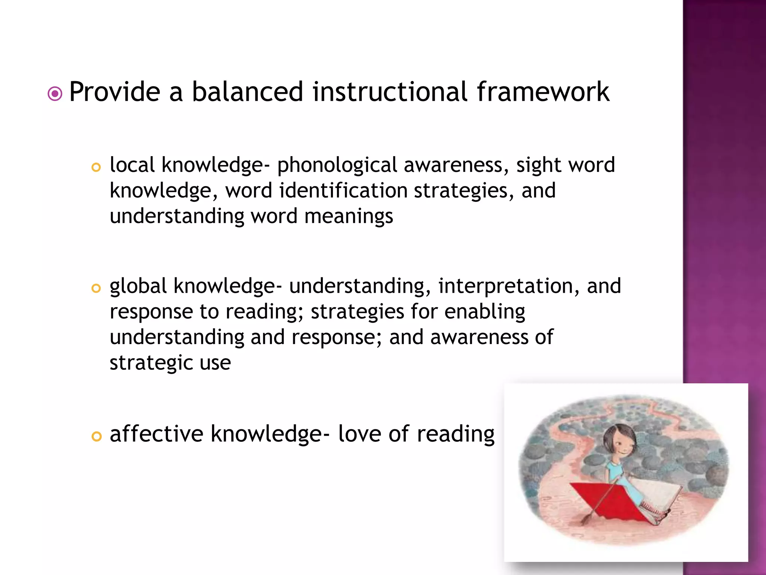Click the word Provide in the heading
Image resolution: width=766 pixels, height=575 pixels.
click(x=114, y=92)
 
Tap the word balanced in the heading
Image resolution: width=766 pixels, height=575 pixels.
click(x=247, y=92)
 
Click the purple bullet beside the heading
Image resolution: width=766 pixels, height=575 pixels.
click(x=55, y=94)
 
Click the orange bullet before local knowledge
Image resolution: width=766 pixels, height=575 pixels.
click(x=96, y=167)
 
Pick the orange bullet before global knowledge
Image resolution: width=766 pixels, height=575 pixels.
click(x=96, y=288)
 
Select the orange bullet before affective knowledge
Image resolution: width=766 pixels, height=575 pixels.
click(x=96, y=436)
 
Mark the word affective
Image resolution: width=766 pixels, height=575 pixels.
click(x=157, y=434)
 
